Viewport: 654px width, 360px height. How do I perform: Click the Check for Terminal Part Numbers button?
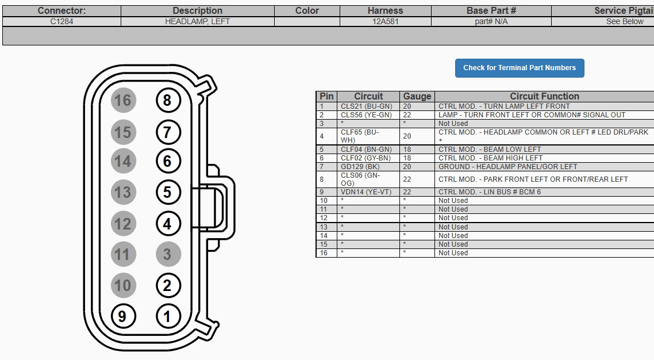pos(520,68)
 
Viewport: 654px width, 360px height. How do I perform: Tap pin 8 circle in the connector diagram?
pos(168,101)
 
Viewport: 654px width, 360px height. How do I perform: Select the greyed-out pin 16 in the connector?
pos(124,101)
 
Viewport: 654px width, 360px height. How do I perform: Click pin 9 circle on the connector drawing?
pos(124,316)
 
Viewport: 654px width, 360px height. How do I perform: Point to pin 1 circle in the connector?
pos(168,316)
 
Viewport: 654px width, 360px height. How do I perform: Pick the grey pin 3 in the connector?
pos(168,254)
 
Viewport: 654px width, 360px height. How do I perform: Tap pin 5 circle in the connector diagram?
pos(168,192)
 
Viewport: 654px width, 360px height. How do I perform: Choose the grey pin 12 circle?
pos(124,224)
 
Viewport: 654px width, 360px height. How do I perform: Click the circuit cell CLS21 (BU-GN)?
pos(367,106)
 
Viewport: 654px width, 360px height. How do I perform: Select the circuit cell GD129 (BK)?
pos(360,166)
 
